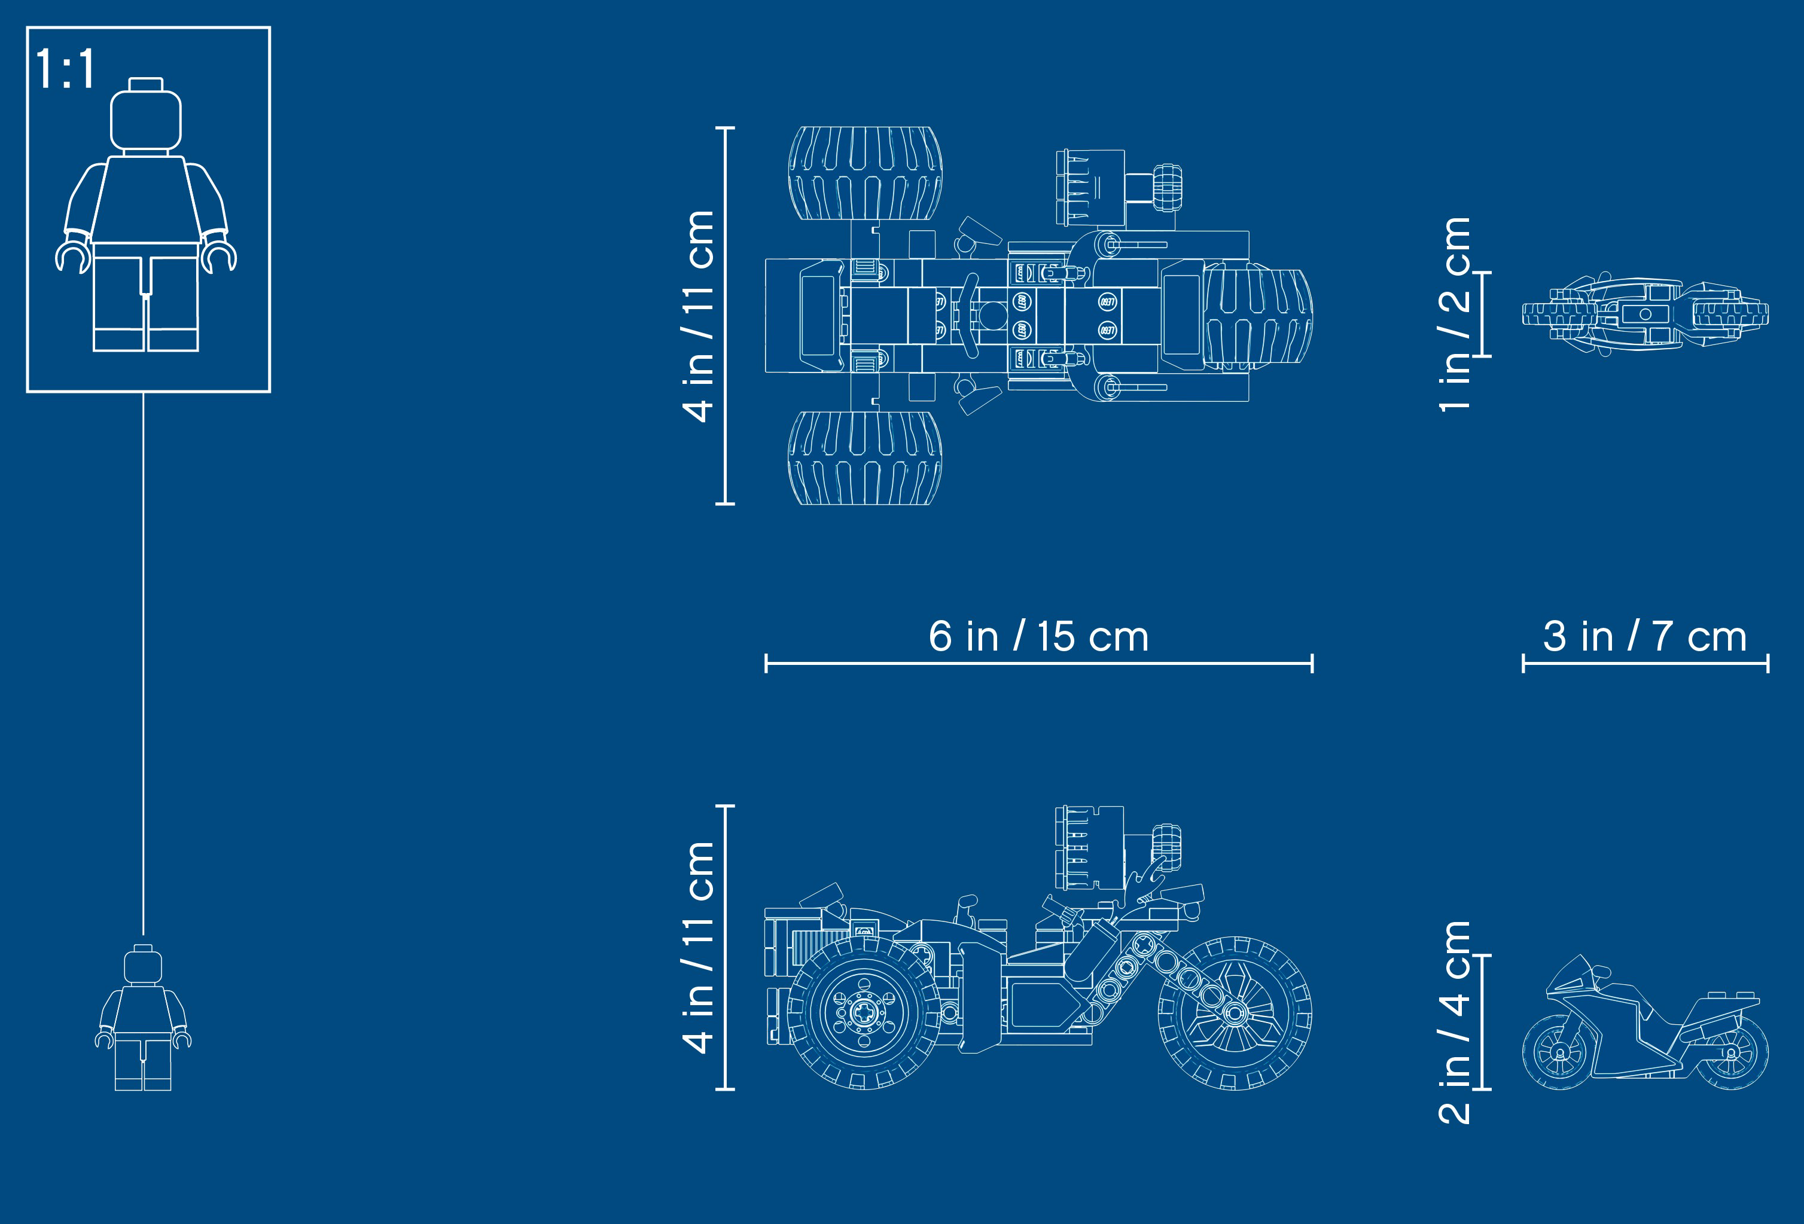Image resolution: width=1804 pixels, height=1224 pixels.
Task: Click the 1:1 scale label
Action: pyautogui.click(x=65, y=68)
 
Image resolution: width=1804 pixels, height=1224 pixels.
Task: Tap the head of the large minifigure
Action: pyautogui.click(x=146, y=115)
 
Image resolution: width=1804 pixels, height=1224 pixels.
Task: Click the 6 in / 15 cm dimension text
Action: pyautogui.click(x=1038, y=636)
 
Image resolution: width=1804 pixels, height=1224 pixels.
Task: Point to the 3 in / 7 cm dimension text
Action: pyautogui.click(x=1645, y=636)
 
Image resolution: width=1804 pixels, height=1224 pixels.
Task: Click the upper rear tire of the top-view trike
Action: pyautogui.click(x=866, y=173)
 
